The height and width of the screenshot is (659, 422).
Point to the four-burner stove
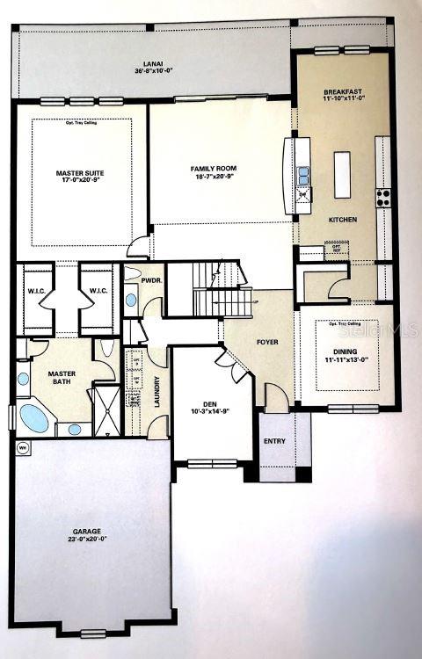383,198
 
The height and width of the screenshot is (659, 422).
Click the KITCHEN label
342,219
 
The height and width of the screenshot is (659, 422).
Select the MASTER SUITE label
78,173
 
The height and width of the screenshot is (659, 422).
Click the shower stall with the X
105,411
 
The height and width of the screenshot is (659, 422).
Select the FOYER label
266,341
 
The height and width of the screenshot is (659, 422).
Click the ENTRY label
274,442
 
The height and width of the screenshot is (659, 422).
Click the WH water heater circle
21,447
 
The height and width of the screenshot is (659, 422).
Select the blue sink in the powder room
131,300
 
